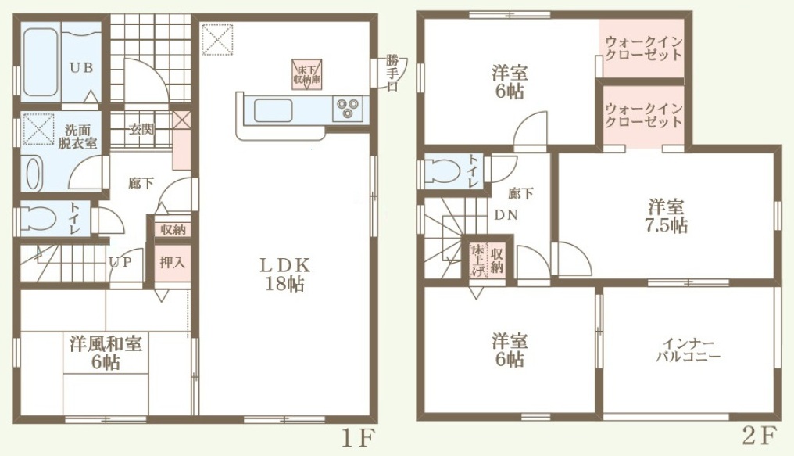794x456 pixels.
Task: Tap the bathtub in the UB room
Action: tap(40, 62)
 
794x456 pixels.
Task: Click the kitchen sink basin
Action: tap(274, 110)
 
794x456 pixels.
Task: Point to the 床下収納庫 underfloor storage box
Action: tap(307, 74)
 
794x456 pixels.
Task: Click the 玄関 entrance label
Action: tap(141, 129)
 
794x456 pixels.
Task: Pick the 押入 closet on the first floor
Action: tap(173, 263)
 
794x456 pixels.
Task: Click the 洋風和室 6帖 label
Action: tap(106, 353)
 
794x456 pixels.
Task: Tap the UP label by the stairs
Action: tap(120, 262)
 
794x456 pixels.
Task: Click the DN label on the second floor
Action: tap(506, 215)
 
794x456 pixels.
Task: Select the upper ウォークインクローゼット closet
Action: tap(642, 48)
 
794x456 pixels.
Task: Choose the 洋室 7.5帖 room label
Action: tap(666, 216)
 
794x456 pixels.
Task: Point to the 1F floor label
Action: tap(359, 438)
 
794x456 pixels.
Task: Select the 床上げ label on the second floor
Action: tap(477, 260)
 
